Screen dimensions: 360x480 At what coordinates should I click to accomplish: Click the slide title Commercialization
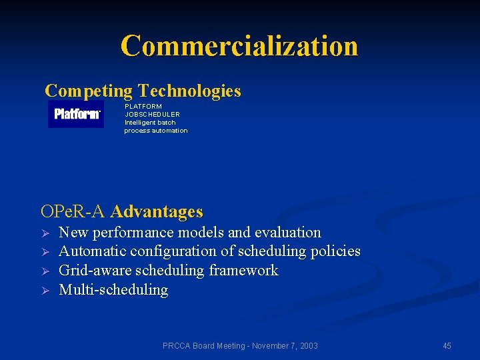[x=239, y=46]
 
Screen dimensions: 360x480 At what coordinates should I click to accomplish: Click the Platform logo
[x=77, y=114]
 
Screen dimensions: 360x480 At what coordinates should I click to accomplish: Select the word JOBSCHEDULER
[x=152, y=114]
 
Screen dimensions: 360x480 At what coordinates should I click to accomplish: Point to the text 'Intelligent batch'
[x=150, y=122]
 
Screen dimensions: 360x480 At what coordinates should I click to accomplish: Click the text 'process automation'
[x=155, y=130]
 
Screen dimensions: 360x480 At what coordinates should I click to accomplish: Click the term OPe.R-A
[x=73, y=212]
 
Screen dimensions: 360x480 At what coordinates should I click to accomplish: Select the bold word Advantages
[x=157, y=212]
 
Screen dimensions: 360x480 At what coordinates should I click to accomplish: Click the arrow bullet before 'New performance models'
[x=45, y=233]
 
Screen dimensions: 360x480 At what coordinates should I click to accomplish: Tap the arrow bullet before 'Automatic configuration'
[x=45, y=252]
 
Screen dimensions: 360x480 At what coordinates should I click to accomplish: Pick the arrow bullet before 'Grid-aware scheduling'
[x=45, y=271]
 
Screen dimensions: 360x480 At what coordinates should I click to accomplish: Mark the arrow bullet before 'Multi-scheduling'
[x=45, y=290]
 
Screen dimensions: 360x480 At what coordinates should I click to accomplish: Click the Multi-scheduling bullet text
[x=113, y=290]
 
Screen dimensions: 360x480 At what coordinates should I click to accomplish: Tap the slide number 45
[x=447, y=345]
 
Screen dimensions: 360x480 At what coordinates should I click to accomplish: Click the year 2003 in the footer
[x=308, y=345]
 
